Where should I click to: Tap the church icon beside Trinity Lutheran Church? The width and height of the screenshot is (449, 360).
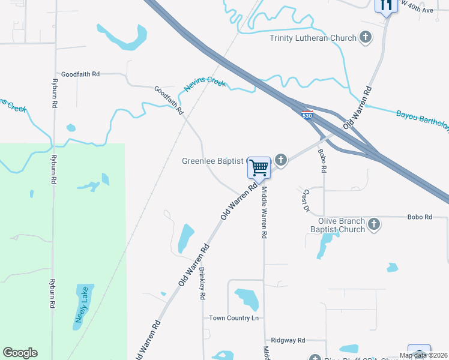(365, 38)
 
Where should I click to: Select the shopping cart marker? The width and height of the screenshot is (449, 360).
(259, 167)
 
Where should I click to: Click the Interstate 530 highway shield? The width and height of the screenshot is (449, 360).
(307, 115)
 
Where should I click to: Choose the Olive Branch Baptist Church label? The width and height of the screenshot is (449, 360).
(337, 225)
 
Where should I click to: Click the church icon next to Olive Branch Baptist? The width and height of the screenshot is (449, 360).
(374, 224)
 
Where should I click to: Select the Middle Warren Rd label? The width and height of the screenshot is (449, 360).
(264, 212)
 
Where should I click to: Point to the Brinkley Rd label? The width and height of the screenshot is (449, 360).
(202, 283)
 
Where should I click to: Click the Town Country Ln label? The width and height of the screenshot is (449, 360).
(233, 317)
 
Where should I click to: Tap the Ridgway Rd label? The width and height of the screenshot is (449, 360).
(288, 340)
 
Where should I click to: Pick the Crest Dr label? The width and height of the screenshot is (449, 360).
(306, 201)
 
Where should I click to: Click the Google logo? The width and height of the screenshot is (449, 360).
(20, 353)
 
